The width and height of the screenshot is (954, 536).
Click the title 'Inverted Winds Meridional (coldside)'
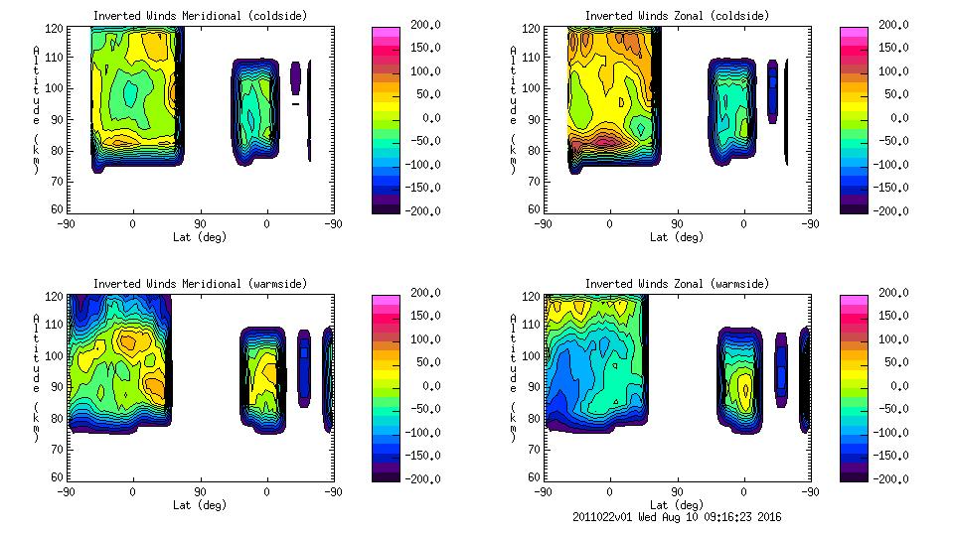click(x=201, y=15)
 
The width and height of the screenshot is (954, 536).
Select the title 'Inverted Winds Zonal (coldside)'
click(x=677, y=15)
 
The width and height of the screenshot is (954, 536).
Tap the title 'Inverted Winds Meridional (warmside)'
click(x=201, y=283)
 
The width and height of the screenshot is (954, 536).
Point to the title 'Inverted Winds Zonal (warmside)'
click(x=677, y=283)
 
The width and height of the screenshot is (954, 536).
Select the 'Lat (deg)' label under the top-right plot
click(x=678, y=237)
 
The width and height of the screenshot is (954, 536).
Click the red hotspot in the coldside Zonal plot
click(x=604, y=140)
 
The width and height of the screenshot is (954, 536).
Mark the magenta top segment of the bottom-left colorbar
click(x=385, y=300)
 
